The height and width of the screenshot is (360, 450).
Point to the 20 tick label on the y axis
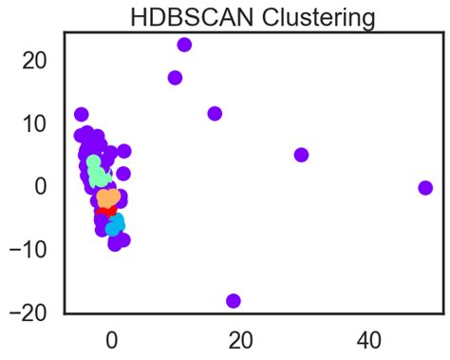(34, 60)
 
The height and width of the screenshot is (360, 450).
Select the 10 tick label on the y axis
(34, 123)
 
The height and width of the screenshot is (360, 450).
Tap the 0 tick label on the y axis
(41, 186)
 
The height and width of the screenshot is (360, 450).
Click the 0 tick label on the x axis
(111, 339)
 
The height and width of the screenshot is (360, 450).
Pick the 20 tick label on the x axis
(239, 339)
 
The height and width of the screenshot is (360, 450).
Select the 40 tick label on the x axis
(367, 339)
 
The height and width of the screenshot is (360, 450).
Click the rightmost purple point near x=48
(425, 188)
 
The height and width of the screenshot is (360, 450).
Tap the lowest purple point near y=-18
(234, 301)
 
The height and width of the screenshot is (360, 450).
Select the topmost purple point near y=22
(184, 45)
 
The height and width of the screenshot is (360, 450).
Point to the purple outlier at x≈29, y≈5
(301, 155)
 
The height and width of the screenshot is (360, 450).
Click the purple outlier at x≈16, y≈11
(215, 114)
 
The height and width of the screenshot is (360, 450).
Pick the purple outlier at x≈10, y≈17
(175, 78)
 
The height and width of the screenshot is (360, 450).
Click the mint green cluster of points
(97, 174)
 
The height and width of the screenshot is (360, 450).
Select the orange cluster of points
(108, 198)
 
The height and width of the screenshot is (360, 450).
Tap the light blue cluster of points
(115, 225)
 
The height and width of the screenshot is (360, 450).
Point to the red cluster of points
(104, 211)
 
